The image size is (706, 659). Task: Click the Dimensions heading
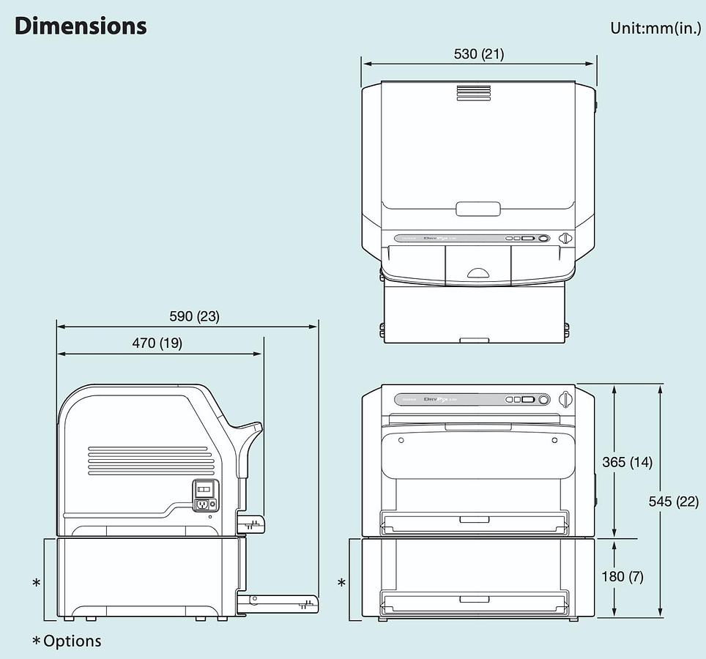coord(81,26)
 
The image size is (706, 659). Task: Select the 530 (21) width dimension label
coord(478,53)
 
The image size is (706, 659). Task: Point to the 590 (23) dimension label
coord(194,316)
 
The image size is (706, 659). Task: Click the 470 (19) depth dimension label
coord(158,343)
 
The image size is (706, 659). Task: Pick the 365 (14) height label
coord(627,462)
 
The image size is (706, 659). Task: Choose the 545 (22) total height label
coord(674,501)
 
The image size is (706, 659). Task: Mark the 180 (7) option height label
coord(623,576)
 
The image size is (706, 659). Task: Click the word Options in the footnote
coord(72,641)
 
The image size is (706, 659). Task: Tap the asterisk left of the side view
coord(36,583)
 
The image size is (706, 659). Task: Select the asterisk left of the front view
coord(341,583)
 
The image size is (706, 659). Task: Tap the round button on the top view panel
coord(543,238)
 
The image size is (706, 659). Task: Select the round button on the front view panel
coord(543,400)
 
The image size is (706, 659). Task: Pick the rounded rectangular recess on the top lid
coord(478,209)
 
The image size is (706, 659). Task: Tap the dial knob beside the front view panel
coord(565,400)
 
